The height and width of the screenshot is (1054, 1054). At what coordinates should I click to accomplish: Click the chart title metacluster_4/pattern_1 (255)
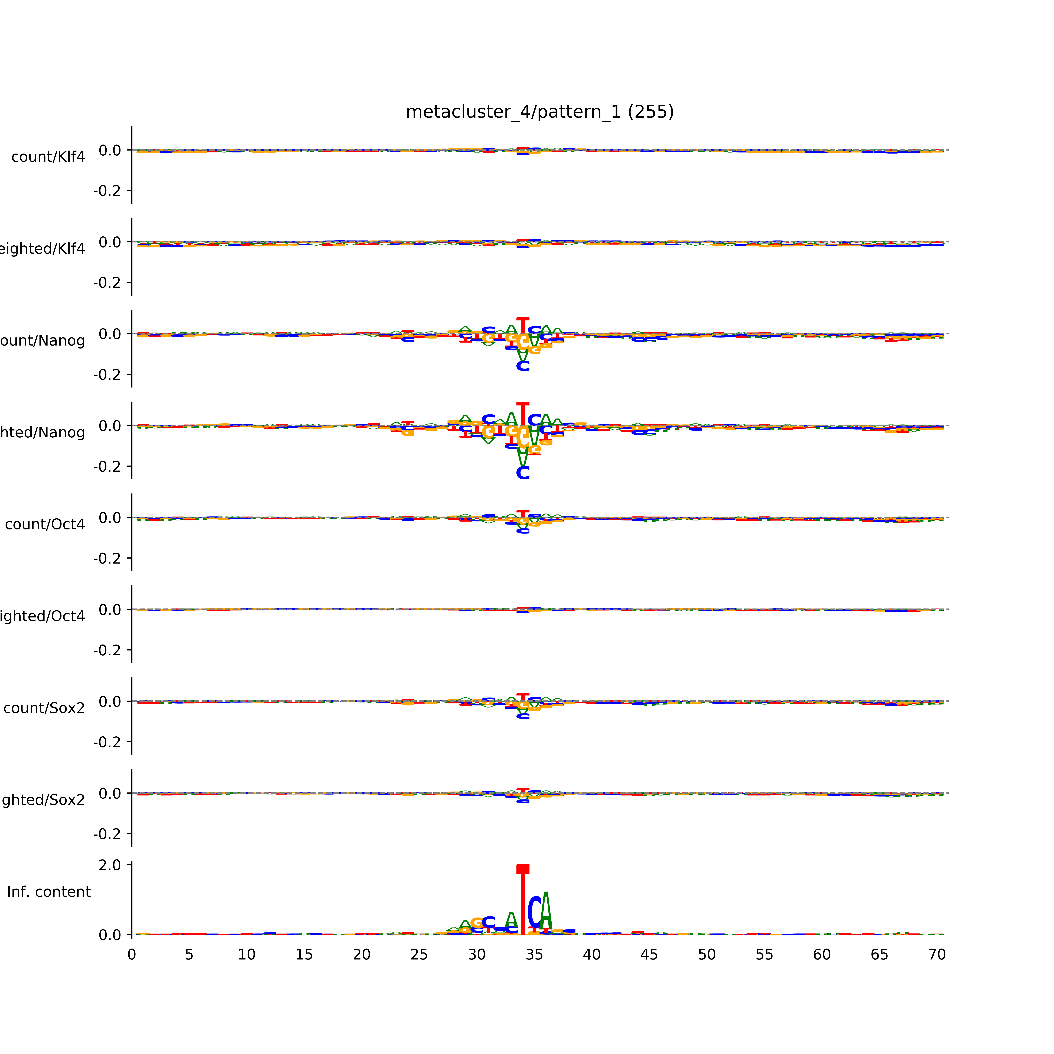tap(539, 112)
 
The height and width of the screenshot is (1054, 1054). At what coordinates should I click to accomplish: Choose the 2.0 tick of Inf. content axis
tap(110, 865)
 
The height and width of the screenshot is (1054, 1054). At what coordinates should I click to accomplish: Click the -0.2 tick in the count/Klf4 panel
tap(107, 191)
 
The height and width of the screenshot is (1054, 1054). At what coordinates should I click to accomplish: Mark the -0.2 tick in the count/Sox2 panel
tap(107, 743)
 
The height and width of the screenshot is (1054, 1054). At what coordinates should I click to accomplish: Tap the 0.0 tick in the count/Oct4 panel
tap(110, 518)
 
